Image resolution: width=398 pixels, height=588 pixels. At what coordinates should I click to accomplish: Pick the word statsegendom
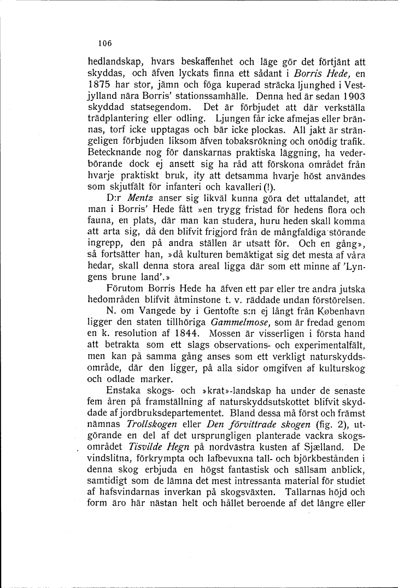tap(130, 108)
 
